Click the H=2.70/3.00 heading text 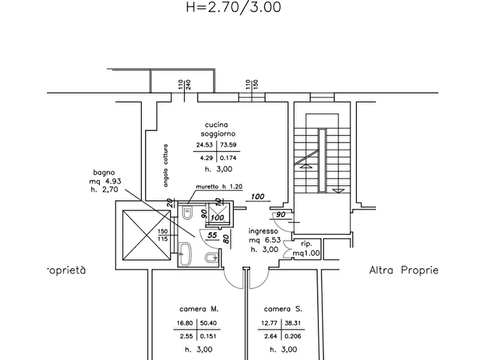(x=234, y=7)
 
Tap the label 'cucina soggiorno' (x=218, y=129)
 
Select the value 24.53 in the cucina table (x=204, y=145)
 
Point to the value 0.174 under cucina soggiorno (x=228, y=158)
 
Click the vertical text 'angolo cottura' (x=166, y=165)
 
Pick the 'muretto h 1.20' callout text (x=219, y=186)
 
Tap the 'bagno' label (x=104, y=172)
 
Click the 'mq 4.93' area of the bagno (x=105, y=181)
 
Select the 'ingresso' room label (x=263, y=232)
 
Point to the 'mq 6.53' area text (x=265, y=240)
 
